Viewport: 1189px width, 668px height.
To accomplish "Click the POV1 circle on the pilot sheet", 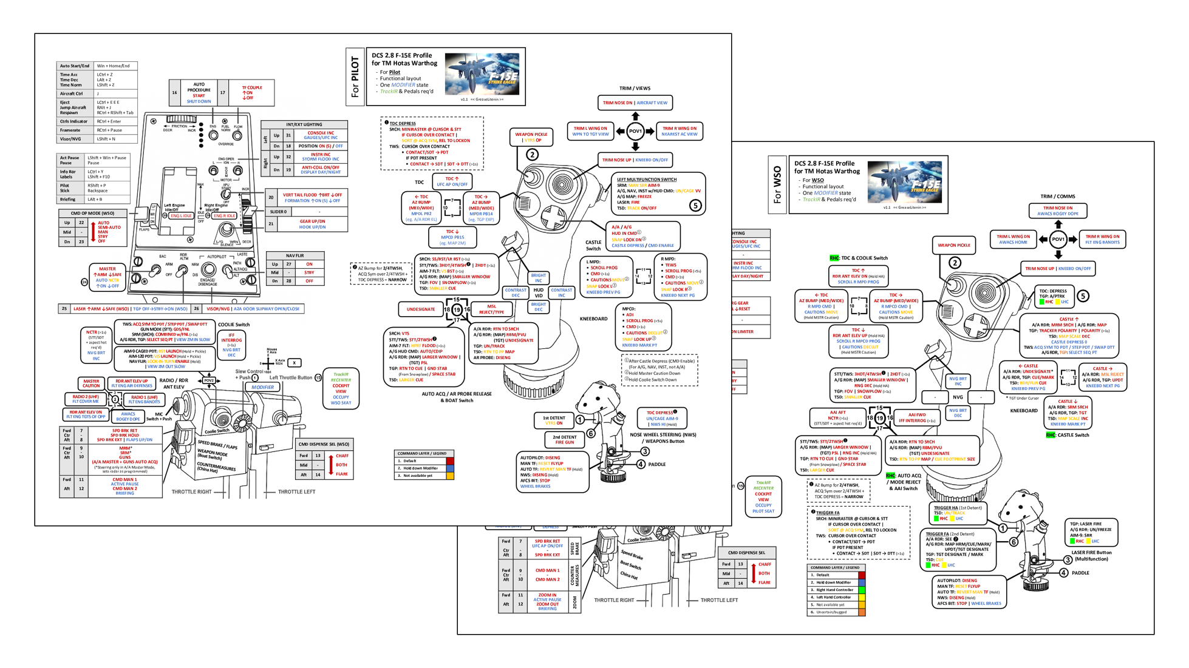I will point(635,131).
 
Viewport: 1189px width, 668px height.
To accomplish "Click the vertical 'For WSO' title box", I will point(777,185).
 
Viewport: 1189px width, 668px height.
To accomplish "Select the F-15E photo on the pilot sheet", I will point(482,74).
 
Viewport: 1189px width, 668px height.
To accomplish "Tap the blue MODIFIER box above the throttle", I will point(262,387).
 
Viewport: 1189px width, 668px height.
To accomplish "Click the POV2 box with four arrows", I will point(208,380).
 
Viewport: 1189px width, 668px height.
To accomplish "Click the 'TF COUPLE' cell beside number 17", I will point(251,92).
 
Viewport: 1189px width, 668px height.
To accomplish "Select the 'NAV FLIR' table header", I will point(295,255).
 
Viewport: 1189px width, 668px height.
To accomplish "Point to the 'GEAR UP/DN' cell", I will point(312,224).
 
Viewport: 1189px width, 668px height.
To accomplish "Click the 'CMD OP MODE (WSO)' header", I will point(92,213).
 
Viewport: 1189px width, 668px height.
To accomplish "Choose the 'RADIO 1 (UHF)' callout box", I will point(144,399).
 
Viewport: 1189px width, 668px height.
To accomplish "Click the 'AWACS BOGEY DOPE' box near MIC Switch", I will point(128,416).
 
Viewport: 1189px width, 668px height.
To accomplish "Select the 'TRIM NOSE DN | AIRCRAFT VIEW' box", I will point(635,103).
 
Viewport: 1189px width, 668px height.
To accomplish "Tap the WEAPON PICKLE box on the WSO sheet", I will point(954,245).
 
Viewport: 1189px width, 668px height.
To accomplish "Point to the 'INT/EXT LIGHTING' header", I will point(304,124).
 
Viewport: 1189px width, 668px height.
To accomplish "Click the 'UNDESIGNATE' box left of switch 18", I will point(421,309).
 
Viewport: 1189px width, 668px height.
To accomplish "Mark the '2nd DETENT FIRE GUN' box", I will point(564,439).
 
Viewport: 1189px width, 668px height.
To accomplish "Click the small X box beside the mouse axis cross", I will point(295,363).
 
